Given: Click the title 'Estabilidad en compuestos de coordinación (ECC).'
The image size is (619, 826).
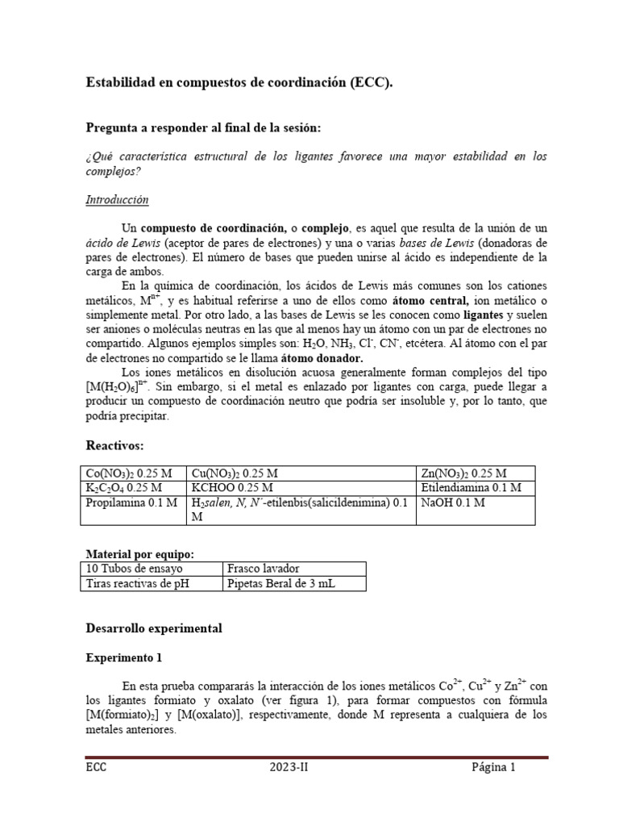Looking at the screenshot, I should pyautogui.click(x=239, y=83).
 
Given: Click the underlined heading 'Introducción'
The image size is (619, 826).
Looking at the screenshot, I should pyautogui.click(x=117, y=200).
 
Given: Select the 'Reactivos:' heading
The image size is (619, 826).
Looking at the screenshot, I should pyautogui.click(x=115, y=446).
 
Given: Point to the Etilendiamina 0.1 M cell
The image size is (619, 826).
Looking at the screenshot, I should pyautogui.click(x=471, y=488).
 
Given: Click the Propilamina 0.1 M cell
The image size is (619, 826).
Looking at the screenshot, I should pyautogui.click(x=132, y=503).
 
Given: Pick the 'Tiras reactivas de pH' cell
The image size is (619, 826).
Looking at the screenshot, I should pyautogui.click(x=137, y=584).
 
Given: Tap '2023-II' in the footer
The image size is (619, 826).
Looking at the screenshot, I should pyautogui.click(x=289, y=767).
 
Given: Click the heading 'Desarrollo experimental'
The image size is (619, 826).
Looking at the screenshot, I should pyautogui.click(x=153, y=628).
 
